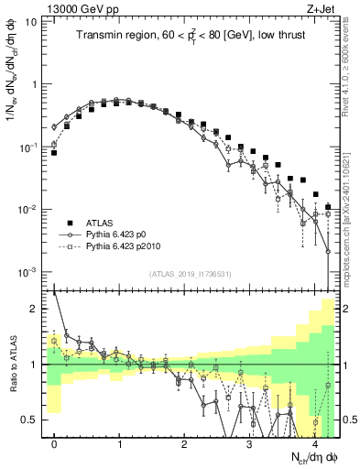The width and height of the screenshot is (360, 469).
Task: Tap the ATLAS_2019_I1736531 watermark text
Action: [x=191, y=275]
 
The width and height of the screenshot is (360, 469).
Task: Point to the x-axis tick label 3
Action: [x=249, y=443]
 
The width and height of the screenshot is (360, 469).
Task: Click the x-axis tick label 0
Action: [x=55, y=443]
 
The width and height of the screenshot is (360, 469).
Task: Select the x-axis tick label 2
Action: [x=184, y=443]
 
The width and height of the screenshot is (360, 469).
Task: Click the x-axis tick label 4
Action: [x=313, y=443]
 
